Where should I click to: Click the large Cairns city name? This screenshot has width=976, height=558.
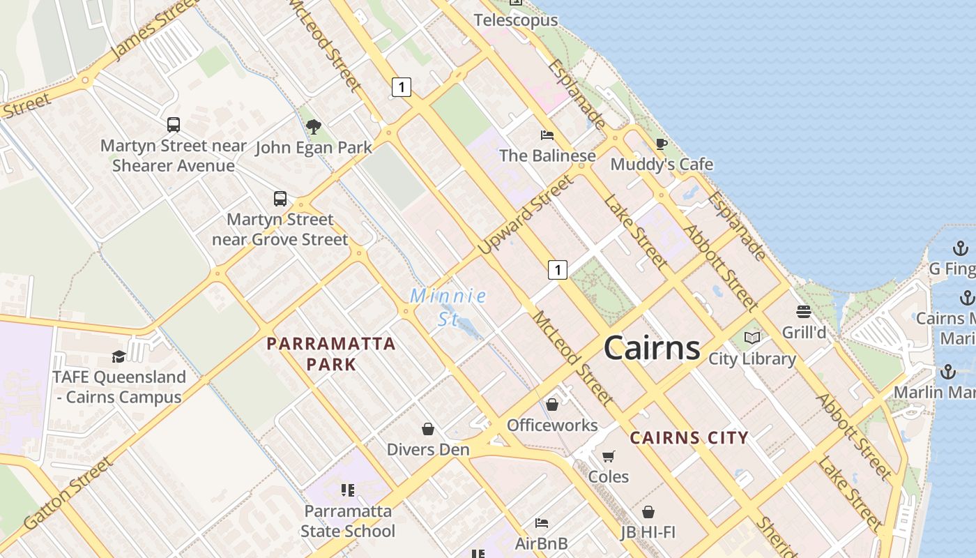point(652,347)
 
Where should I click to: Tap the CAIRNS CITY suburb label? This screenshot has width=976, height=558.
point(689,438)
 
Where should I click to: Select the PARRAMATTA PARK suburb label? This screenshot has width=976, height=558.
point(331,354)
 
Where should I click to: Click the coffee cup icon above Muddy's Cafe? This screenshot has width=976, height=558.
point(661,144)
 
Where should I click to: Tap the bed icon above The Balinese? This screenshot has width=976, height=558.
point(547,135)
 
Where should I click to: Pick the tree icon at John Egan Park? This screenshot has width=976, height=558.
point(314,127)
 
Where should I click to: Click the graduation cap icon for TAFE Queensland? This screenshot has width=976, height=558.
point(119,356)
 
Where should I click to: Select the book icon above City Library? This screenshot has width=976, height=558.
point(752,338)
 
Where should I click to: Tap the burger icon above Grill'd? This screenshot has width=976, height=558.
point(804,312)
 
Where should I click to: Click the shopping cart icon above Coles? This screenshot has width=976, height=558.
point(609,456)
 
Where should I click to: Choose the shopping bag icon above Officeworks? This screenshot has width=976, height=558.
point(552,405)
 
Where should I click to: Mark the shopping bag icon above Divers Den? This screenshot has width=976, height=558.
point(428,428)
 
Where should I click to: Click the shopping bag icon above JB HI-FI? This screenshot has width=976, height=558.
point(648,512)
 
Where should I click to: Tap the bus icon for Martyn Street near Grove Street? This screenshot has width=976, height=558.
point(280,199)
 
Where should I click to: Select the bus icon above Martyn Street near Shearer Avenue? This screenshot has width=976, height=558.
point(174,125)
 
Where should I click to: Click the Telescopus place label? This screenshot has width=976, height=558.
point(516,20)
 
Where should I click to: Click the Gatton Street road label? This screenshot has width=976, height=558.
point(68,493)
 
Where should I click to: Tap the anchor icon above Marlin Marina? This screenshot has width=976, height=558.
point(947,372)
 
